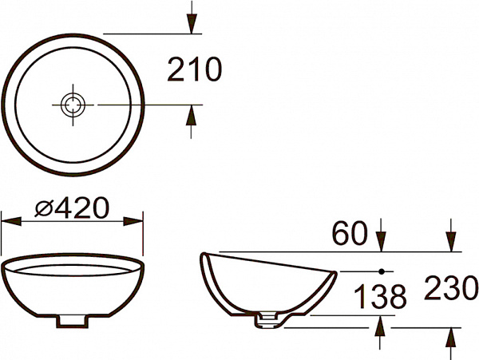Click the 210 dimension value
point(194,71)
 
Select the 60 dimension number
point(350,234)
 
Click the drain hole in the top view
point(73,104)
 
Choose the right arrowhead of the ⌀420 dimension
point(136,220)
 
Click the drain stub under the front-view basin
point(73,320)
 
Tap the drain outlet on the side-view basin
point(267,321)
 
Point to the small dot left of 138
point(381,271)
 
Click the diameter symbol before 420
point(46,209)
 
